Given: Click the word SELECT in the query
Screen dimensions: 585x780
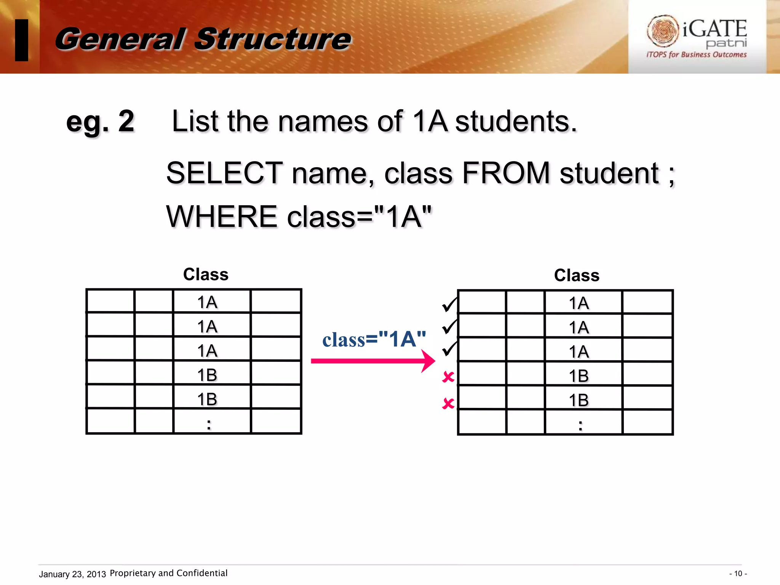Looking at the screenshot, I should click(x=224, y=173).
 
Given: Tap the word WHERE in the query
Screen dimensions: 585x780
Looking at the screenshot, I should click(x=222, y=217).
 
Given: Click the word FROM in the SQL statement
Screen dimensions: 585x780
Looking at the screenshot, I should click(x=506, y=173).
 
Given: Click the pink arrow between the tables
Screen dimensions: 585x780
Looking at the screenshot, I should click(x=372, y=361).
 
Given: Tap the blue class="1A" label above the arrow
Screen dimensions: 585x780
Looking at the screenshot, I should click(x=374, y=339).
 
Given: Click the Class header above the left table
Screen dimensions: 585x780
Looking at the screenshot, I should click(x=206, y=274).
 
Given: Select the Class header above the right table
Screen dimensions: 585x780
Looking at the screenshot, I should click(x=577, y=275).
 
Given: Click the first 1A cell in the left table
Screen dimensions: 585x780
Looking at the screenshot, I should click(x=207, y=302).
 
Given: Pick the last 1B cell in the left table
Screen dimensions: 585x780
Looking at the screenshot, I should click(x=207, y=399).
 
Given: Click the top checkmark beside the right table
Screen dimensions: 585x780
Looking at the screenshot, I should click(x=449, y=304).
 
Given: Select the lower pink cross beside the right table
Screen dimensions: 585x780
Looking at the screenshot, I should click(x=448, y=403).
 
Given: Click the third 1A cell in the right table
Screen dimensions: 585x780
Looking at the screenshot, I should click(x=579, y=352).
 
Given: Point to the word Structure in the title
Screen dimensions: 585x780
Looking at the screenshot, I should click(x=273, y=39).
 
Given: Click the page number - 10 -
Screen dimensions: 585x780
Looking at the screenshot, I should click(x=738, y=574).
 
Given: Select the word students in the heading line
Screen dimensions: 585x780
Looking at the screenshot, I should click(x=516, y=121).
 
